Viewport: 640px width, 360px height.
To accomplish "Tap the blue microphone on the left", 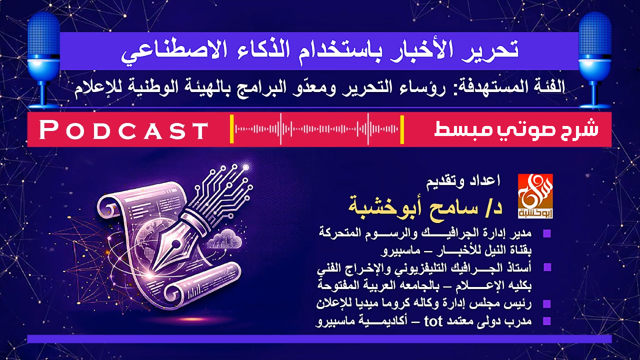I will pos(44,55).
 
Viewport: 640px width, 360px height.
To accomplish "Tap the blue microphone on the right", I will pos(594,55).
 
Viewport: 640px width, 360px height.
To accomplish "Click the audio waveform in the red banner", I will pos(317,129).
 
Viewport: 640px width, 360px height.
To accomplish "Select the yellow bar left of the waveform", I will pos(232,129).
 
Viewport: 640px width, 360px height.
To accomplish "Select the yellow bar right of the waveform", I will pos(402,129).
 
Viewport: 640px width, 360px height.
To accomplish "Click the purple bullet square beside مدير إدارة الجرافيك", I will pos(546,234).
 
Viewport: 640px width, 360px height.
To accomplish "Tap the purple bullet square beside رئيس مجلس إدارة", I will pos(546,303).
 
